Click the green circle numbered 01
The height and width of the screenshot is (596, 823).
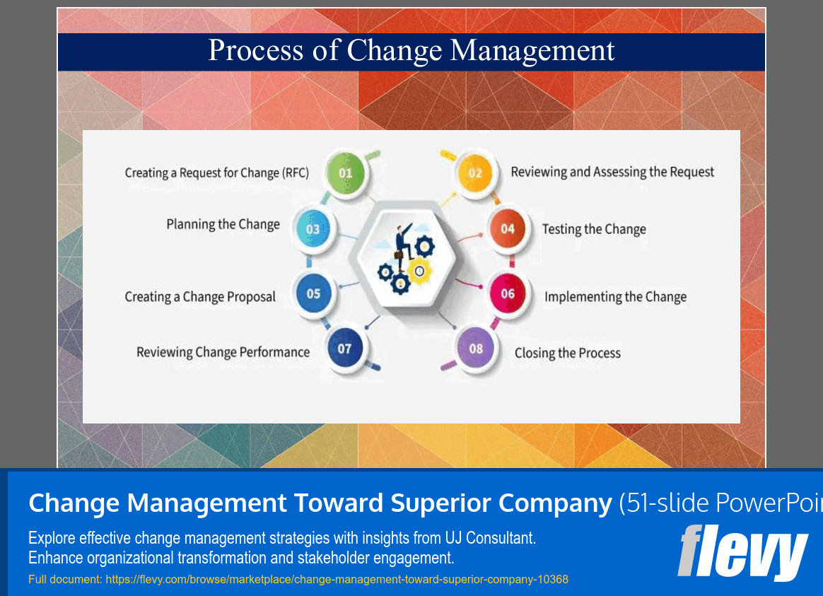pyautogui.click(x=346, y=173)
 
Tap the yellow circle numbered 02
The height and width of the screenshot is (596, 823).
pyautogui.click(x=475, y=173)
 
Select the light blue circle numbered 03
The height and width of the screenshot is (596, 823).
pyautogui.click(x=313, y=229)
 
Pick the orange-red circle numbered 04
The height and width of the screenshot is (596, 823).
pyautogui.click(x=508, y=228)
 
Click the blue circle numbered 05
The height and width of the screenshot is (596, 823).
pyautogui.click(x=314, y=294)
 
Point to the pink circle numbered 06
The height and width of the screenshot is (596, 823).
pyautogui.click(x=508, y=294)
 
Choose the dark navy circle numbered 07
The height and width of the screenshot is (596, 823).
pyautogui.click(x=345, y=349)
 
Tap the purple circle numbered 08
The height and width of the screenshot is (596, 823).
pyautogui.click(x=476, y=349)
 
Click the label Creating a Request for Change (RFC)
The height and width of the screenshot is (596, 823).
pyautogui.click(x=217, y=173)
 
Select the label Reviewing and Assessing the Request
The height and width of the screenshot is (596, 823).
pyautogui.click(x=612, y=172)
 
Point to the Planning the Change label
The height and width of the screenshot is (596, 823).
pyautogui.click(x=223, y=225)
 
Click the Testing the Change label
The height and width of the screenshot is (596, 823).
pyautogui.click(x=594, y=229)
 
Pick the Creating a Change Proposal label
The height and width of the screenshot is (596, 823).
pyautogui.click(x=200, y=297)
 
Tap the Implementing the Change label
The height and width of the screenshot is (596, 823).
pyautogui.click(x=615, y=297)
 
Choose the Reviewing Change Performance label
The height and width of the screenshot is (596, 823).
pyautogui.click(x=223, y=352)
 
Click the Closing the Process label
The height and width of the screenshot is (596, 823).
pyautogui.click(x=567, y=353)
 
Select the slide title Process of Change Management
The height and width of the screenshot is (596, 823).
pyautogui.click(x=411, y=51)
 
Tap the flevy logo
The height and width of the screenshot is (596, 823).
pyautogui.click(x=742, y=552)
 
